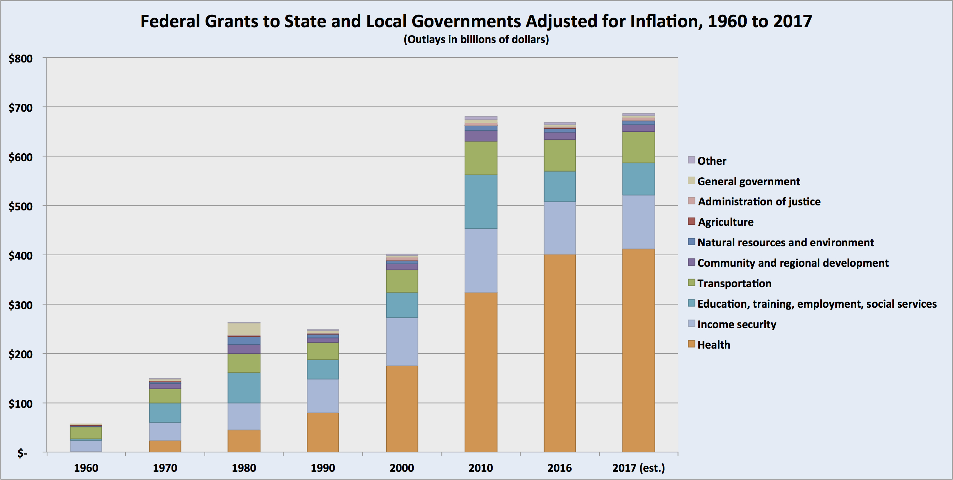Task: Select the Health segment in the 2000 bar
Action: pos(402,409)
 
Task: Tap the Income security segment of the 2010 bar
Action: pos(481,261)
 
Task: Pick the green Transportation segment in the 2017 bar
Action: pos(639,147)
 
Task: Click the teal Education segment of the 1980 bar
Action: pos(244,387)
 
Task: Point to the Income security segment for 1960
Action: pos(86,446)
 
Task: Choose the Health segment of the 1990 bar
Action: pos(323,432)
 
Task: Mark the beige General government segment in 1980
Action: pos(244,329)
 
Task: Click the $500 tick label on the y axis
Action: pos(21,206)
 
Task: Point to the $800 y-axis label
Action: pos(21,59)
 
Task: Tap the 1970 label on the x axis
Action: pos(165,468)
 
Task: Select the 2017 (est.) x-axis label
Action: pos(639,468)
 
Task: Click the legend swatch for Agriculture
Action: pos(691,221)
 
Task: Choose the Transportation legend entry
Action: pos(734,284)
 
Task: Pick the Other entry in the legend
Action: pos(712,161)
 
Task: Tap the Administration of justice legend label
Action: pos(759,202)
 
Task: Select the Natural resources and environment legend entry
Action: pos(785,242)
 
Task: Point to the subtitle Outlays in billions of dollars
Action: pos(476,39)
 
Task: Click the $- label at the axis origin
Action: pos(22,453)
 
